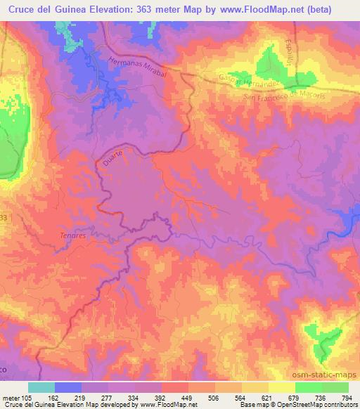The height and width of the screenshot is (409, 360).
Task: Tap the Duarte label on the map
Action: tap(117, 161)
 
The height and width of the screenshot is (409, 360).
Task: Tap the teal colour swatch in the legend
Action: tap(41, 387)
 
